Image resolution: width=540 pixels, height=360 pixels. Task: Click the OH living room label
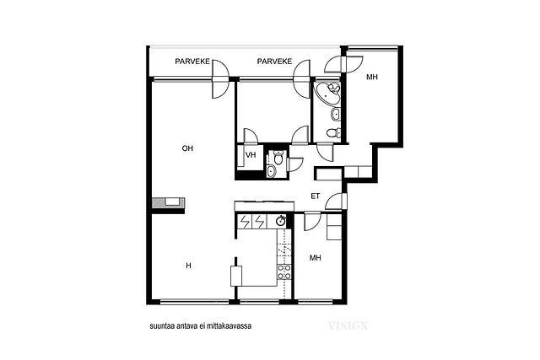point(187,148)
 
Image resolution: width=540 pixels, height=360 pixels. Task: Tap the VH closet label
point(251,155)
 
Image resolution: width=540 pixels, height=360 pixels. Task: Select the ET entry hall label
point(315,196)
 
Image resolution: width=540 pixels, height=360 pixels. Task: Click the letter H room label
point(188,266)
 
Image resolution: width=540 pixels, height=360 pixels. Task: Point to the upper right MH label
point(372,77)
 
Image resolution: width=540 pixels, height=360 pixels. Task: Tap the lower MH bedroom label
point(315,257)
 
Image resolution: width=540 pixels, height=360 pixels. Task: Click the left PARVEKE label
point(192,62)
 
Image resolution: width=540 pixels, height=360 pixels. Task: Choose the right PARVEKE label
point(274,62)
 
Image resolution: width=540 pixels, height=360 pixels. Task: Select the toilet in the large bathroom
point(333,132)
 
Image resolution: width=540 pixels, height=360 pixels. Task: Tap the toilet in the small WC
point(278,158)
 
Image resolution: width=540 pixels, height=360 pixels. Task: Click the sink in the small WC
point(272,171)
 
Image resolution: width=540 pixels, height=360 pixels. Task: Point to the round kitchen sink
point(281,221)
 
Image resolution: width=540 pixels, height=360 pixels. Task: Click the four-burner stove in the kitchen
point(284,271)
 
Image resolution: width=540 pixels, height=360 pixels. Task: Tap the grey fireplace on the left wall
point(168,202)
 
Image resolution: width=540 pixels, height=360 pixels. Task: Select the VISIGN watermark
point(348,325)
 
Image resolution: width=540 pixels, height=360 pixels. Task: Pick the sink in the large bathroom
point(336,115)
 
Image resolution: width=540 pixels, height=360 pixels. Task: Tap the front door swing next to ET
point(336,201)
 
